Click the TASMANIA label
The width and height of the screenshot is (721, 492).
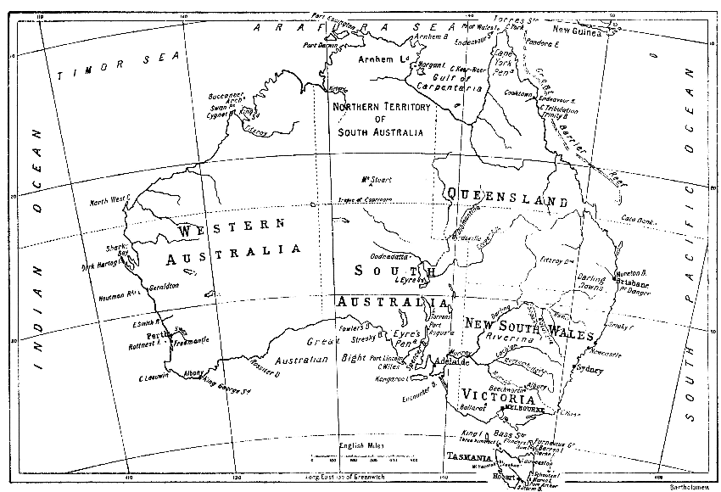pos(472,456)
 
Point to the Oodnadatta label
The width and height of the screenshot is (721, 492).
pos(390,256)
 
